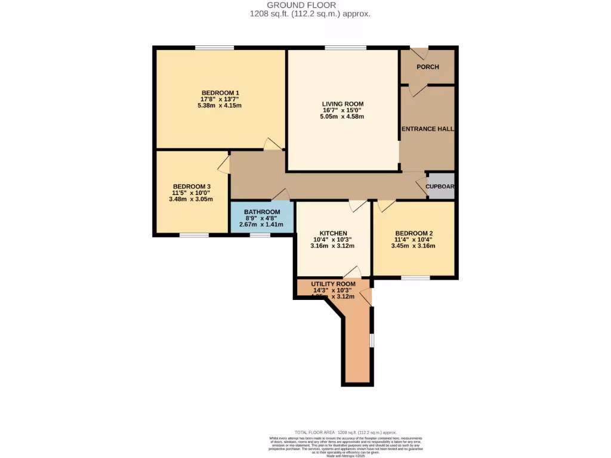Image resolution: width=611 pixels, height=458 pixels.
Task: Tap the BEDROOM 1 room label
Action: click(220, 92)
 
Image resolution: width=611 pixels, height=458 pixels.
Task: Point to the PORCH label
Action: click(427, 67)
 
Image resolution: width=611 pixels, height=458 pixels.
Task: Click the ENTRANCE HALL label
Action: click(427, 129)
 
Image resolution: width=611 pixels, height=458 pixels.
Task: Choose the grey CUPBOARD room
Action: click(441, 186)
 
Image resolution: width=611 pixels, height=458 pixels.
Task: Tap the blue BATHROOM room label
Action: click(262, 212)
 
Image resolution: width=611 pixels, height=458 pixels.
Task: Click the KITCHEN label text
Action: click(333, 233)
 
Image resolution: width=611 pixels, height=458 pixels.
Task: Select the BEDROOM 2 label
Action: click(413, 233)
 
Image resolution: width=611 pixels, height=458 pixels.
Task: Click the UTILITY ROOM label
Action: click(333, 284)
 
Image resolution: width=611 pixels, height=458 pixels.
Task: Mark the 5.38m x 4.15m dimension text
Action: click(220, 106)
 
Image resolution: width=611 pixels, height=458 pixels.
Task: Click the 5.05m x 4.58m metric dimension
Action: click(342, 116)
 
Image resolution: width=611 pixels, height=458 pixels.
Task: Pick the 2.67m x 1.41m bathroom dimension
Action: click(262, 225)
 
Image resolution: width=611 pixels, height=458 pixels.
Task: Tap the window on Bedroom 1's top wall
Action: click(214, 48)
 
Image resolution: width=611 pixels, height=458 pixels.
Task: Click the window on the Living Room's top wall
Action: click(345, 48)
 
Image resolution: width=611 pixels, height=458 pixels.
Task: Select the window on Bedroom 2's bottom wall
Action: click(415, 278)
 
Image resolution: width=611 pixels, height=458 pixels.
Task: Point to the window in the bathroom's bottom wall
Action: click(260, 235)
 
